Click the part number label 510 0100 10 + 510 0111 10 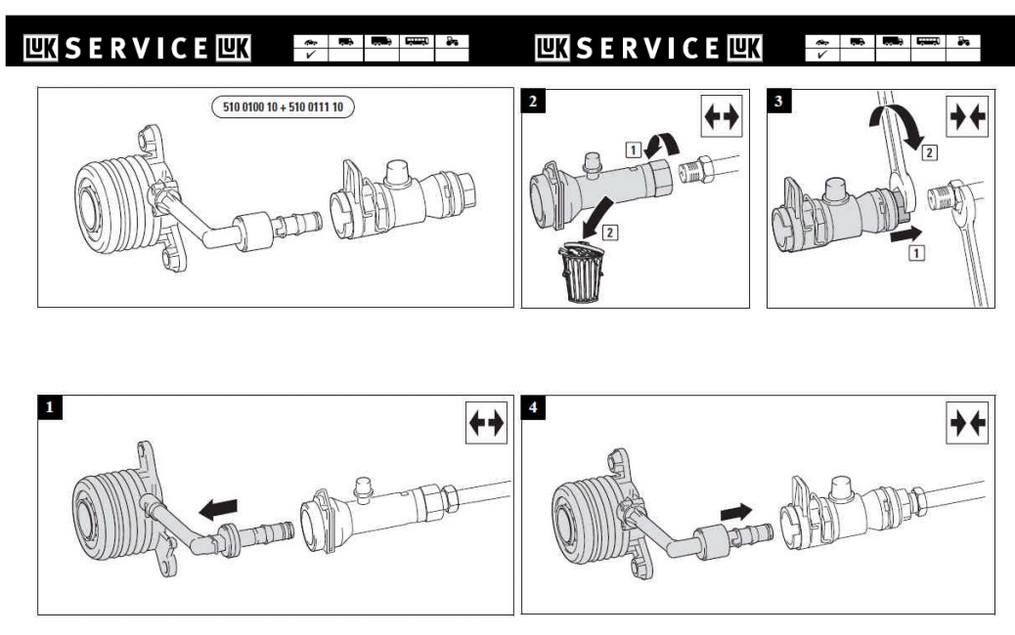pos(284,106)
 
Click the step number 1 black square pos(48,408)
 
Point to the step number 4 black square pos(532,408)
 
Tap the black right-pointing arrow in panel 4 pos(739,510)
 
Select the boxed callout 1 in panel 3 pos(916,252)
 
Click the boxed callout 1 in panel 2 pos(632,148)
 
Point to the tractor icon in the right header pos(963,42)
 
